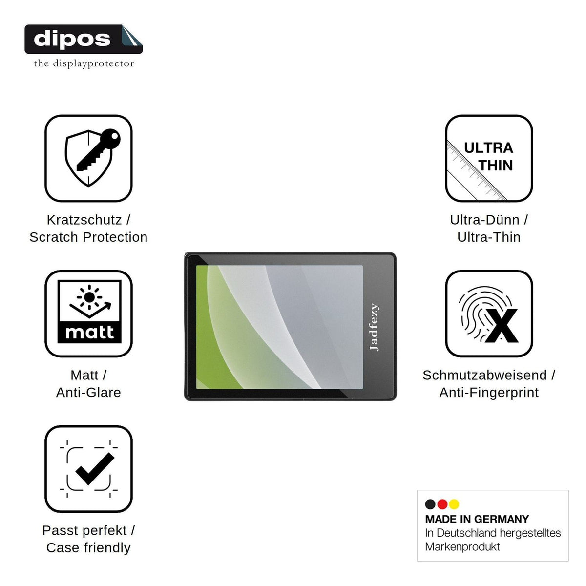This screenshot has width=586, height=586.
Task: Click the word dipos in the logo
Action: pyautogui.click(x=72, y=39)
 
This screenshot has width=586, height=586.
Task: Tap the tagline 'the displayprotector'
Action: pyautogui.click(x=84, y=63)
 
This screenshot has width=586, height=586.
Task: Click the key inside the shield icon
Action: pyautogui.click(x=99, y=149)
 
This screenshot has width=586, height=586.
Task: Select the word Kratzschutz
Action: pyautogui.click(x=84, y=220)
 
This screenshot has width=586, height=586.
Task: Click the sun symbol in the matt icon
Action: pyautogui.click(x=89, y=297)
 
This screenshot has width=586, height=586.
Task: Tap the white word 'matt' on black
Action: pyautogui.click(x=89, y=332)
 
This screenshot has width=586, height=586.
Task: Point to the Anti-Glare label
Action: pyautogui.click(x=88, y=392)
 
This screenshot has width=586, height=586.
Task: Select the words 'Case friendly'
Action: pyautogui.click(x=88, y=548)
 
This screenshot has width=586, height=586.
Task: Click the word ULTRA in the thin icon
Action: pyautogui.click(x=488, y=148)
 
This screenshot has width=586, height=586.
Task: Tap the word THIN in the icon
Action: pyautogui.click(x=496, y=166)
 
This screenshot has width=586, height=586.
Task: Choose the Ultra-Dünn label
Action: pyautogui.click(x=484, y=220)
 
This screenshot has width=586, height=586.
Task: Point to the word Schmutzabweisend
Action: pyautogui.click(x=484, y=375)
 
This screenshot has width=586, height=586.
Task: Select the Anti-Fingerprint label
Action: pyautogui.click(x=489, y=392)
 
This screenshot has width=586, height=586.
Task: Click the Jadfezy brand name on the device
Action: pyautogui.click(x=374, y=327)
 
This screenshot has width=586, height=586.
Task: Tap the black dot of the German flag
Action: pyautogui.click(x=430, y=504)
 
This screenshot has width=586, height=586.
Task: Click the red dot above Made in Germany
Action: pyautogui.click(x=442, y=504)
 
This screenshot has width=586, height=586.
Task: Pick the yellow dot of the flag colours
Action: pyautogui.click(x=454, y=504)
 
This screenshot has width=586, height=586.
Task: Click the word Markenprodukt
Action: pyautogui.click(x=462, y=547)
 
